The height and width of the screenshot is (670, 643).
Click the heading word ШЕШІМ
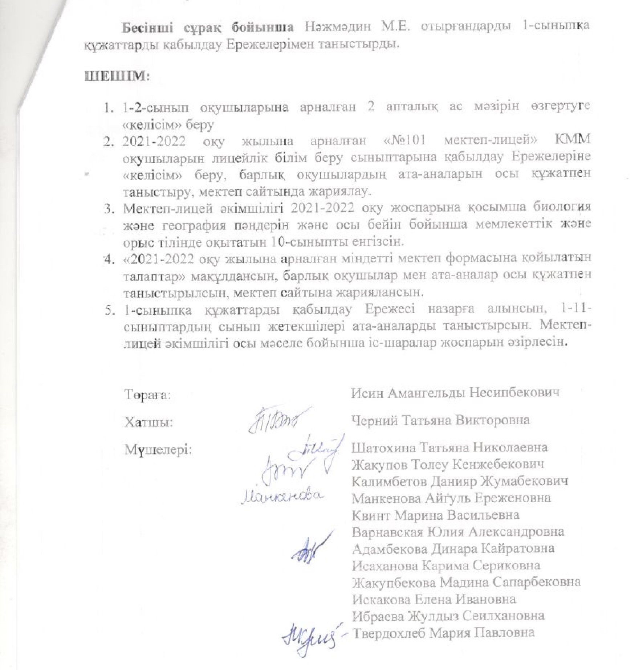117,77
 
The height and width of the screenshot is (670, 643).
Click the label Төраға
148,395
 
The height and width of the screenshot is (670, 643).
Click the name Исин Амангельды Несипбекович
455,393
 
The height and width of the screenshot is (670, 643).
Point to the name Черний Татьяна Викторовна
440,420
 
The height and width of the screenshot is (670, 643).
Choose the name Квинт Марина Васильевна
435,515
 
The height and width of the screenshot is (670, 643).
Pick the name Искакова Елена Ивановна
434,599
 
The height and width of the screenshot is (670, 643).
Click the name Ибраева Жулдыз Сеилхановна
448,616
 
